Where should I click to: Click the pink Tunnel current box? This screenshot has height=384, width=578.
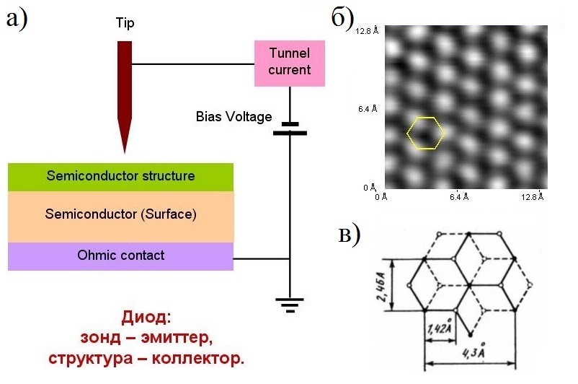(290, 64)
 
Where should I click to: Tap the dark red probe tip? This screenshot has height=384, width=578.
(125, 97)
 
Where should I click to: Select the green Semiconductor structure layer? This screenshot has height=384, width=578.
(120, 177)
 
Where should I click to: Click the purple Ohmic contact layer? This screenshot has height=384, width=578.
(120, 256)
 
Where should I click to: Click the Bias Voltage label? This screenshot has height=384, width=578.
(234, 117)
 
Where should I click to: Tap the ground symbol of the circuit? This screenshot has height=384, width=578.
(290, 305)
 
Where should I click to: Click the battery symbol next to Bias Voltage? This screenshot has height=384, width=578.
(290, 128)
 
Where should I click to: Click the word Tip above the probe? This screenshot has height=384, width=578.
(125, 23)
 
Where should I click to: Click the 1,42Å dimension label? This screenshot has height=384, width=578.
(440, 327)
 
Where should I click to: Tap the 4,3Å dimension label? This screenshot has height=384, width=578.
(473, 351)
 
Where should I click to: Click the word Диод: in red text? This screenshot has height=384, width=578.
(146, 317)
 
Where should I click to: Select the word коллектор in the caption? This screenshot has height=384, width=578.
(198, 358)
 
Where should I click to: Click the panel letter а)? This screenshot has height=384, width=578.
(17, 19)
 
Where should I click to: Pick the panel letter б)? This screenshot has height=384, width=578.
(342, 18)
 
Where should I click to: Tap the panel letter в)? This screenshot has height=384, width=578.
(349, 235)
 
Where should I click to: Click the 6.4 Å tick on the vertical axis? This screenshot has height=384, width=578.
(368, 109)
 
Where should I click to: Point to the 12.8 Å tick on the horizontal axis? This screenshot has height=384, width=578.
(533, 196)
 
